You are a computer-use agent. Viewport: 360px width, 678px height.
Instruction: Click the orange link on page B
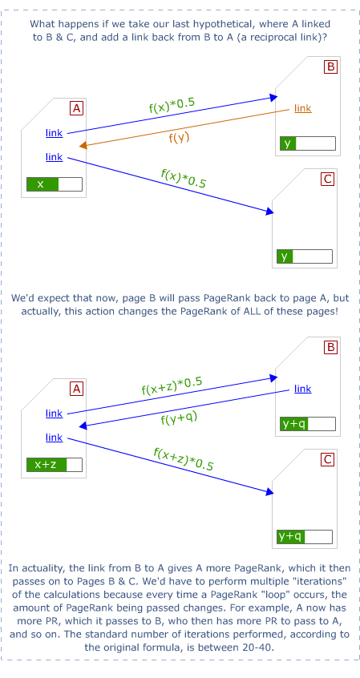click(302, 108)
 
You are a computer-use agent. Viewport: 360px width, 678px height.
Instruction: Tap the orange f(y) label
click(179, 137)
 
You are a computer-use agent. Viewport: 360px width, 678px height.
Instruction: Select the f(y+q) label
click(178, 418)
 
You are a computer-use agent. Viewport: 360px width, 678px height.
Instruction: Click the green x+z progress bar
click(55, 464)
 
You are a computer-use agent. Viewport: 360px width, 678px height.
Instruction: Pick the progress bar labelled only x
click(55, 184)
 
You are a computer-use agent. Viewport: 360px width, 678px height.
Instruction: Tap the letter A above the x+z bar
click(77, 389)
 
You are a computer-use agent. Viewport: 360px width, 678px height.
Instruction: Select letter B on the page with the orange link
click(330, 67)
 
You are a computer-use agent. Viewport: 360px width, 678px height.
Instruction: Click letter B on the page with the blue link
click(330, 348)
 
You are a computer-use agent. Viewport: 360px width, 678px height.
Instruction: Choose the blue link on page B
click(302, 389)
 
